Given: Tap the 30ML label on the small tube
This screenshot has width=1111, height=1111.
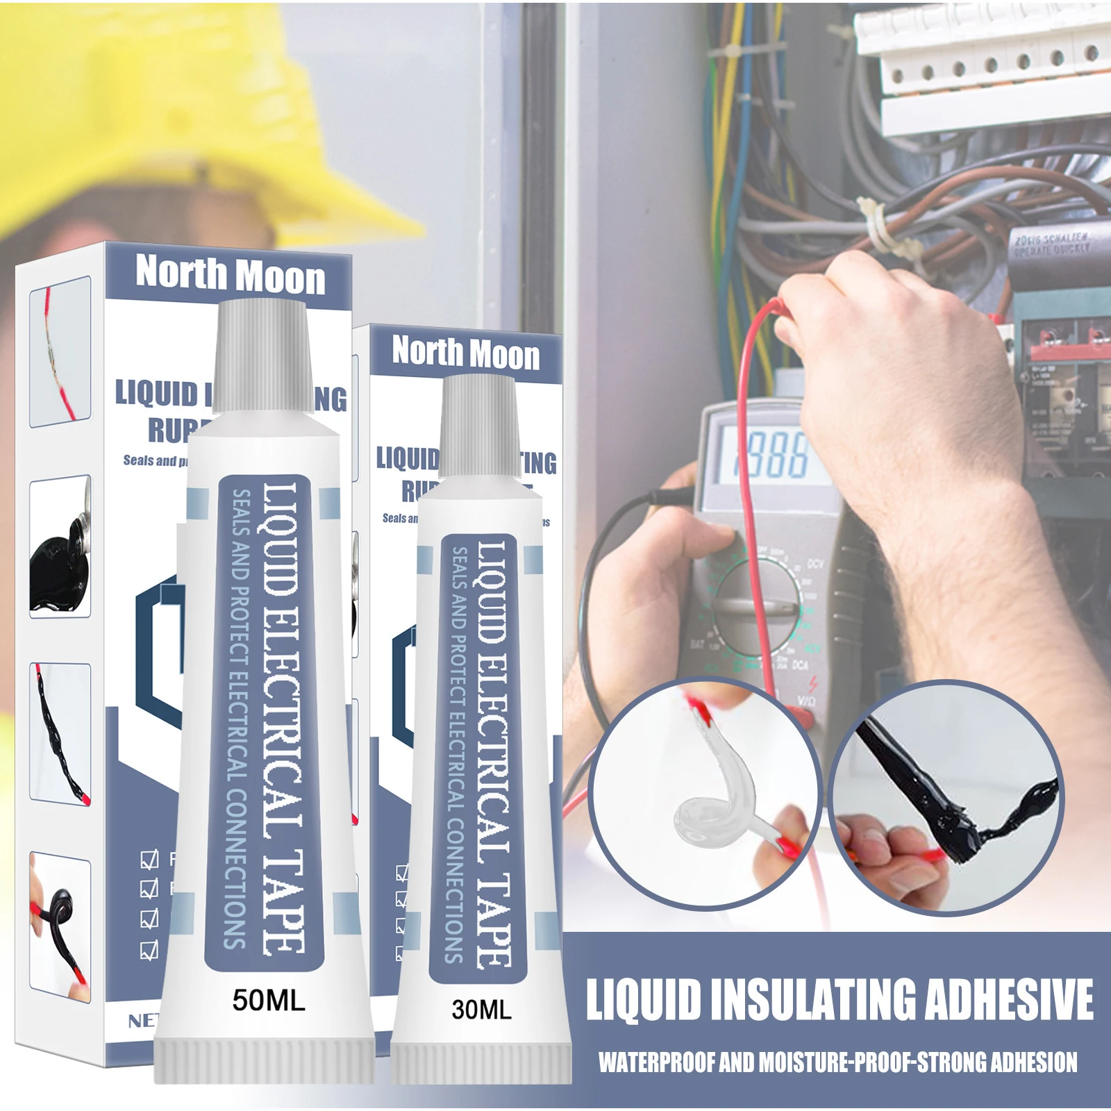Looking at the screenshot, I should coord(481,1009).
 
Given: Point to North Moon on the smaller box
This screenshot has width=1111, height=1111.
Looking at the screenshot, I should coord(465,353).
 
